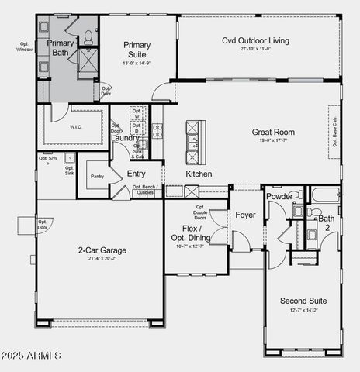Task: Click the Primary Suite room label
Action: click(137, 50)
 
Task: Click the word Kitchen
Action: click(199, 174)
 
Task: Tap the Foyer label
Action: click(246, 215)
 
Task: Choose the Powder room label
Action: click(279, 197)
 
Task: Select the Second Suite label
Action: click(303, 301)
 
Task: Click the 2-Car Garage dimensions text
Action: click(102, 260)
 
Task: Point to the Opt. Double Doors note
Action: click(199, 212)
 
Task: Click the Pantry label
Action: click(97, 177)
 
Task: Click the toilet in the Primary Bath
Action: click(88, 35)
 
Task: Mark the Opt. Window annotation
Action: click(25, 46)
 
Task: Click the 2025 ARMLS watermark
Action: click(32, 356)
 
